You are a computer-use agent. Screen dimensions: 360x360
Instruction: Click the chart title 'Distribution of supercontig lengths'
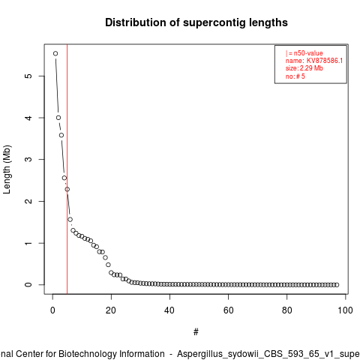click(x=196, y=22)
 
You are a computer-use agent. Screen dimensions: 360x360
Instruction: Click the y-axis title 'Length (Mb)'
click(x=7, y=169)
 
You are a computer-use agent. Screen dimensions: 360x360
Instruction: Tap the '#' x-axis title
click(x=196, y=332)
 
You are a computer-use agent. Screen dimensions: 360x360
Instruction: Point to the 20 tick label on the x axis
click(x=111, y=310)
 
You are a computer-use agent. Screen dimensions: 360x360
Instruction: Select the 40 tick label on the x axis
click(x=169, y=310)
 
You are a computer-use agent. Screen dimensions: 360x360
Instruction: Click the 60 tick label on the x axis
click(x=228, y=310)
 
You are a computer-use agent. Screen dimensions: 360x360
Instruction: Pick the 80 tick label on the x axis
click(x=286, y=310)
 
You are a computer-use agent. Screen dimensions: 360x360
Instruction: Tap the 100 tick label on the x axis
click(x=345, y=310)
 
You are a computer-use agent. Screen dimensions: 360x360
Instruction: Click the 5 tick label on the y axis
click(x=28, y=76)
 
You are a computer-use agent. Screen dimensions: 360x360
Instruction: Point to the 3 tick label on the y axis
click(x=28, y=159)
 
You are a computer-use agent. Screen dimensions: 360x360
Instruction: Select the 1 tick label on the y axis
click(x=28, y=243)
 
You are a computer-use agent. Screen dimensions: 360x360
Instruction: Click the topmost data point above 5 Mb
click(x=55, y=53)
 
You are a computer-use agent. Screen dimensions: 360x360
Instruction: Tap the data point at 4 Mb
click(x=58, y=118)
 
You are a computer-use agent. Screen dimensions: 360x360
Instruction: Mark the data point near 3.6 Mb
click(x=61, y=135)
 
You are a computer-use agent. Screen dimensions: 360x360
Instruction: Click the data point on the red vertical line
click(x=67, y=189)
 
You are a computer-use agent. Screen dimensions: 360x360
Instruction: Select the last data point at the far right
click(x=337, y=285)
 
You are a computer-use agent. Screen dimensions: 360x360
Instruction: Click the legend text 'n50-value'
click(x=308, y=53)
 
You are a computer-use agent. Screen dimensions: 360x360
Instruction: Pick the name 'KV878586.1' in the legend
click(x=325, y=61)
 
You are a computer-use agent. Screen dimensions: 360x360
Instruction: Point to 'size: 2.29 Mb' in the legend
click(x=304, y=68)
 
